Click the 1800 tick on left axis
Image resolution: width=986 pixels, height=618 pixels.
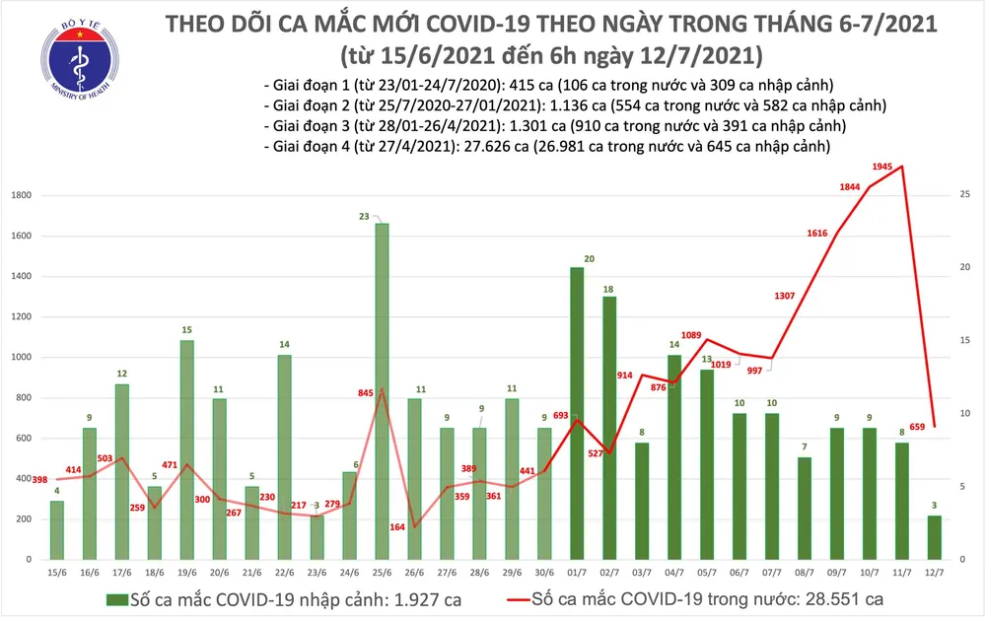coord(18,196)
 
